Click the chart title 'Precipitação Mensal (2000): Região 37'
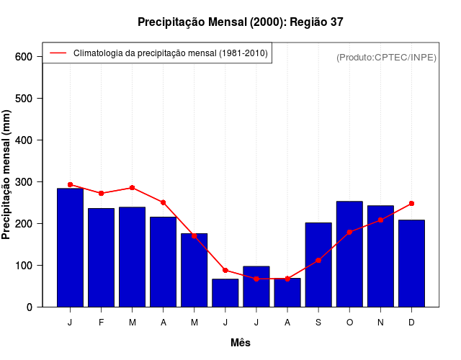(x=241, y=22)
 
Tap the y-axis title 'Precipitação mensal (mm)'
(x=7, y=175)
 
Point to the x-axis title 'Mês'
(x=241, y=343)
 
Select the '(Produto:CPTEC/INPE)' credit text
(x=386, y=57)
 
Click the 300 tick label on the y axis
(x=24, y=182)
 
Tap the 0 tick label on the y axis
(x=30, y=307)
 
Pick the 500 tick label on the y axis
(x=24, y=99)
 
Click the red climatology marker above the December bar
(x=411, y=203)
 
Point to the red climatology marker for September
(x=318, y=261)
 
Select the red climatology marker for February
(x=101, y=193)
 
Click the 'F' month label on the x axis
(x=101, y=323)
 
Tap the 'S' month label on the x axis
(x=318, y=323)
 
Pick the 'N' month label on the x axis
(x=380, y=323)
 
